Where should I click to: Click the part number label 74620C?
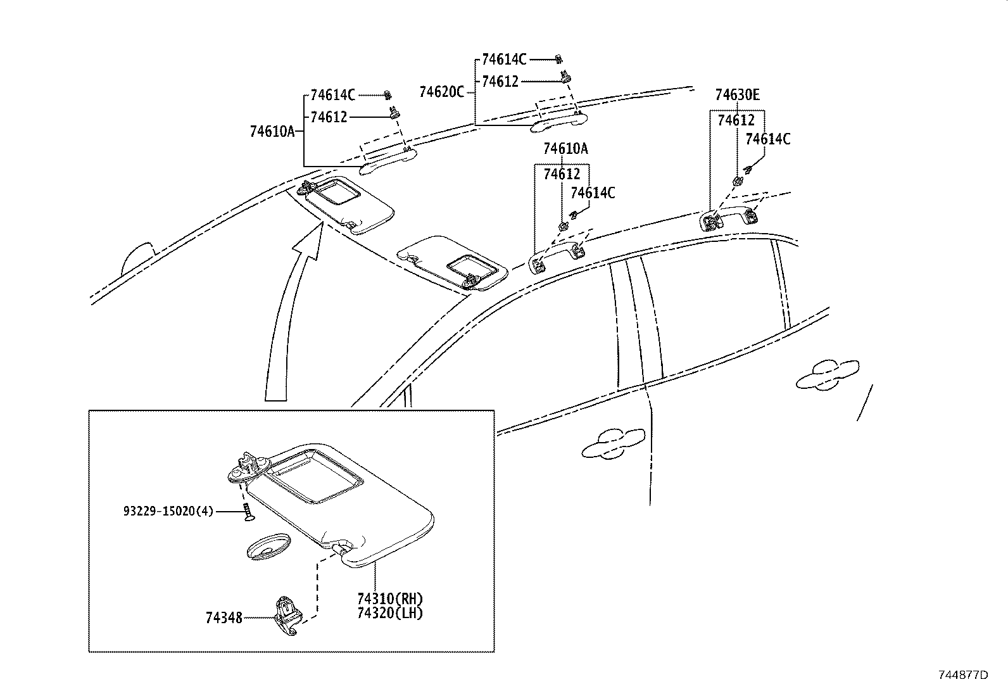tap(441, 92)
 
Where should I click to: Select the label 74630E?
tap(737, 95)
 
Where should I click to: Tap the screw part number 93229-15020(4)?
tap(168, 510)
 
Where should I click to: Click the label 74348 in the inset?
tap(224, 617)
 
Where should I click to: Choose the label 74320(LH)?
tap(389, 612)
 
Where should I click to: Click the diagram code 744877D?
tap(963, 674)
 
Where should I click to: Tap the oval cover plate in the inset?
tap(267, 547)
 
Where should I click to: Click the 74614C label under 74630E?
tap(767, 139)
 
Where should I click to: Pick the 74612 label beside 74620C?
tap(500, 82)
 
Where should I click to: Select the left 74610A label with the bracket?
tap(272, 132)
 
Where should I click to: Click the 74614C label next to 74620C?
tap(503, 60)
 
